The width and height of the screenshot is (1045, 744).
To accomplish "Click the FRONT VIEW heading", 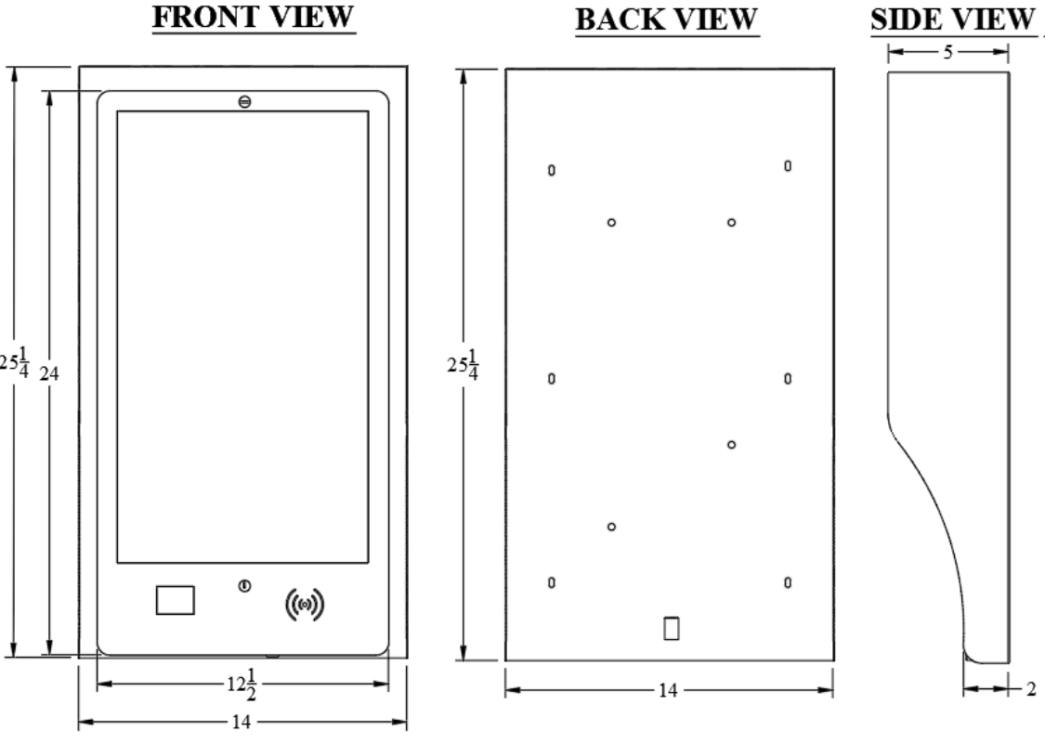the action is (x=254, y=18).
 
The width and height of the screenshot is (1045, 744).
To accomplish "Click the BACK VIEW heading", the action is (x=666, y=20).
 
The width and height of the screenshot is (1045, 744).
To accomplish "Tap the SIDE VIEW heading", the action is (x=952, y=20).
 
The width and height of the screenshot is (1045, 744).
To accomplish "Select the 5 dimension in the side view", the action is (x=948, y=52).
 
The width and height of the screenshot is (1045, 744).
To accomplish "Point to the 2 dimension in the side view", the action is (x=1031, y=688).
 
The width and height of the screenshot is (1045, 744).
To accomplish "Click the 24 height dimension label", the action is (x=48, y=374).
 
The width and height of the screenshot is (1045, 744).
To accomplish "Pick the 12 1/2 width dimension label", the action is (x=242, y=684).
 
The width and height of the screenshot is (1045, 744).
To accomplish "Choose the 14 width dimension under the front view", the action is (x=242, y=722).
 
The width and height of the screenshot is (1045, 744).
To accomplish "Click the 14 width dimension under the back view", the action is (x=668, y=691).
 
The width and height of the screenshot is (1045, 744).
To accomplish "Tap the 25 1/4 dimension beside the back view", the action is (x=463, y=364).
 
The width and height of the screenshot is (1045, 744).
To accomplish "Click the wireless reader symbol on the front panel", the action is (x=305, y=605).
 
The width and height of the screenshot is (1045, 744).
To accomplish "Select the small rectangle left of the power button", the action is (x=176, y=600).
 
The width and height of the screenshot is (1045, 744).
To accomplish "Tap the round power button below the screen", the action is (x=244, y=586).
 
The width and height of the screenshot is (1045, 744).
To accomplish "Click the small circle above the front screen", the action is (x=244, y=102).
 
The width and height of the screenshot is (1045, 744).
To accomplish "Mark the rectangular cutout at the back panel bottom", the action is (x=671, y=628).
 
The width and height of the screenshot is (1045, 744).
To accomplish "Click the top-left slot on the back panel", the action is (x=551, y=170).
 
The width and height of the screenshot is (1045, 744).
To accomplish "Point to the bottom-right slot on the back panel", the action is (x=788, y=582).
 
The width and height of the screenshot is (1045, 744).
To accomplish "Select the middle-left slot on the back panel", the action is (x=551, y=379).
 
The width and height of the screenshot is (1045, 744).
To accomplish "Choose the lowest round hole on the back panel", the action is (x=611, y=527).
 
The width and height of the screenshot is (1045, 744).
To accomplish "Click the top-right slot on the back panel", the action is (x=788, y=165).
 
